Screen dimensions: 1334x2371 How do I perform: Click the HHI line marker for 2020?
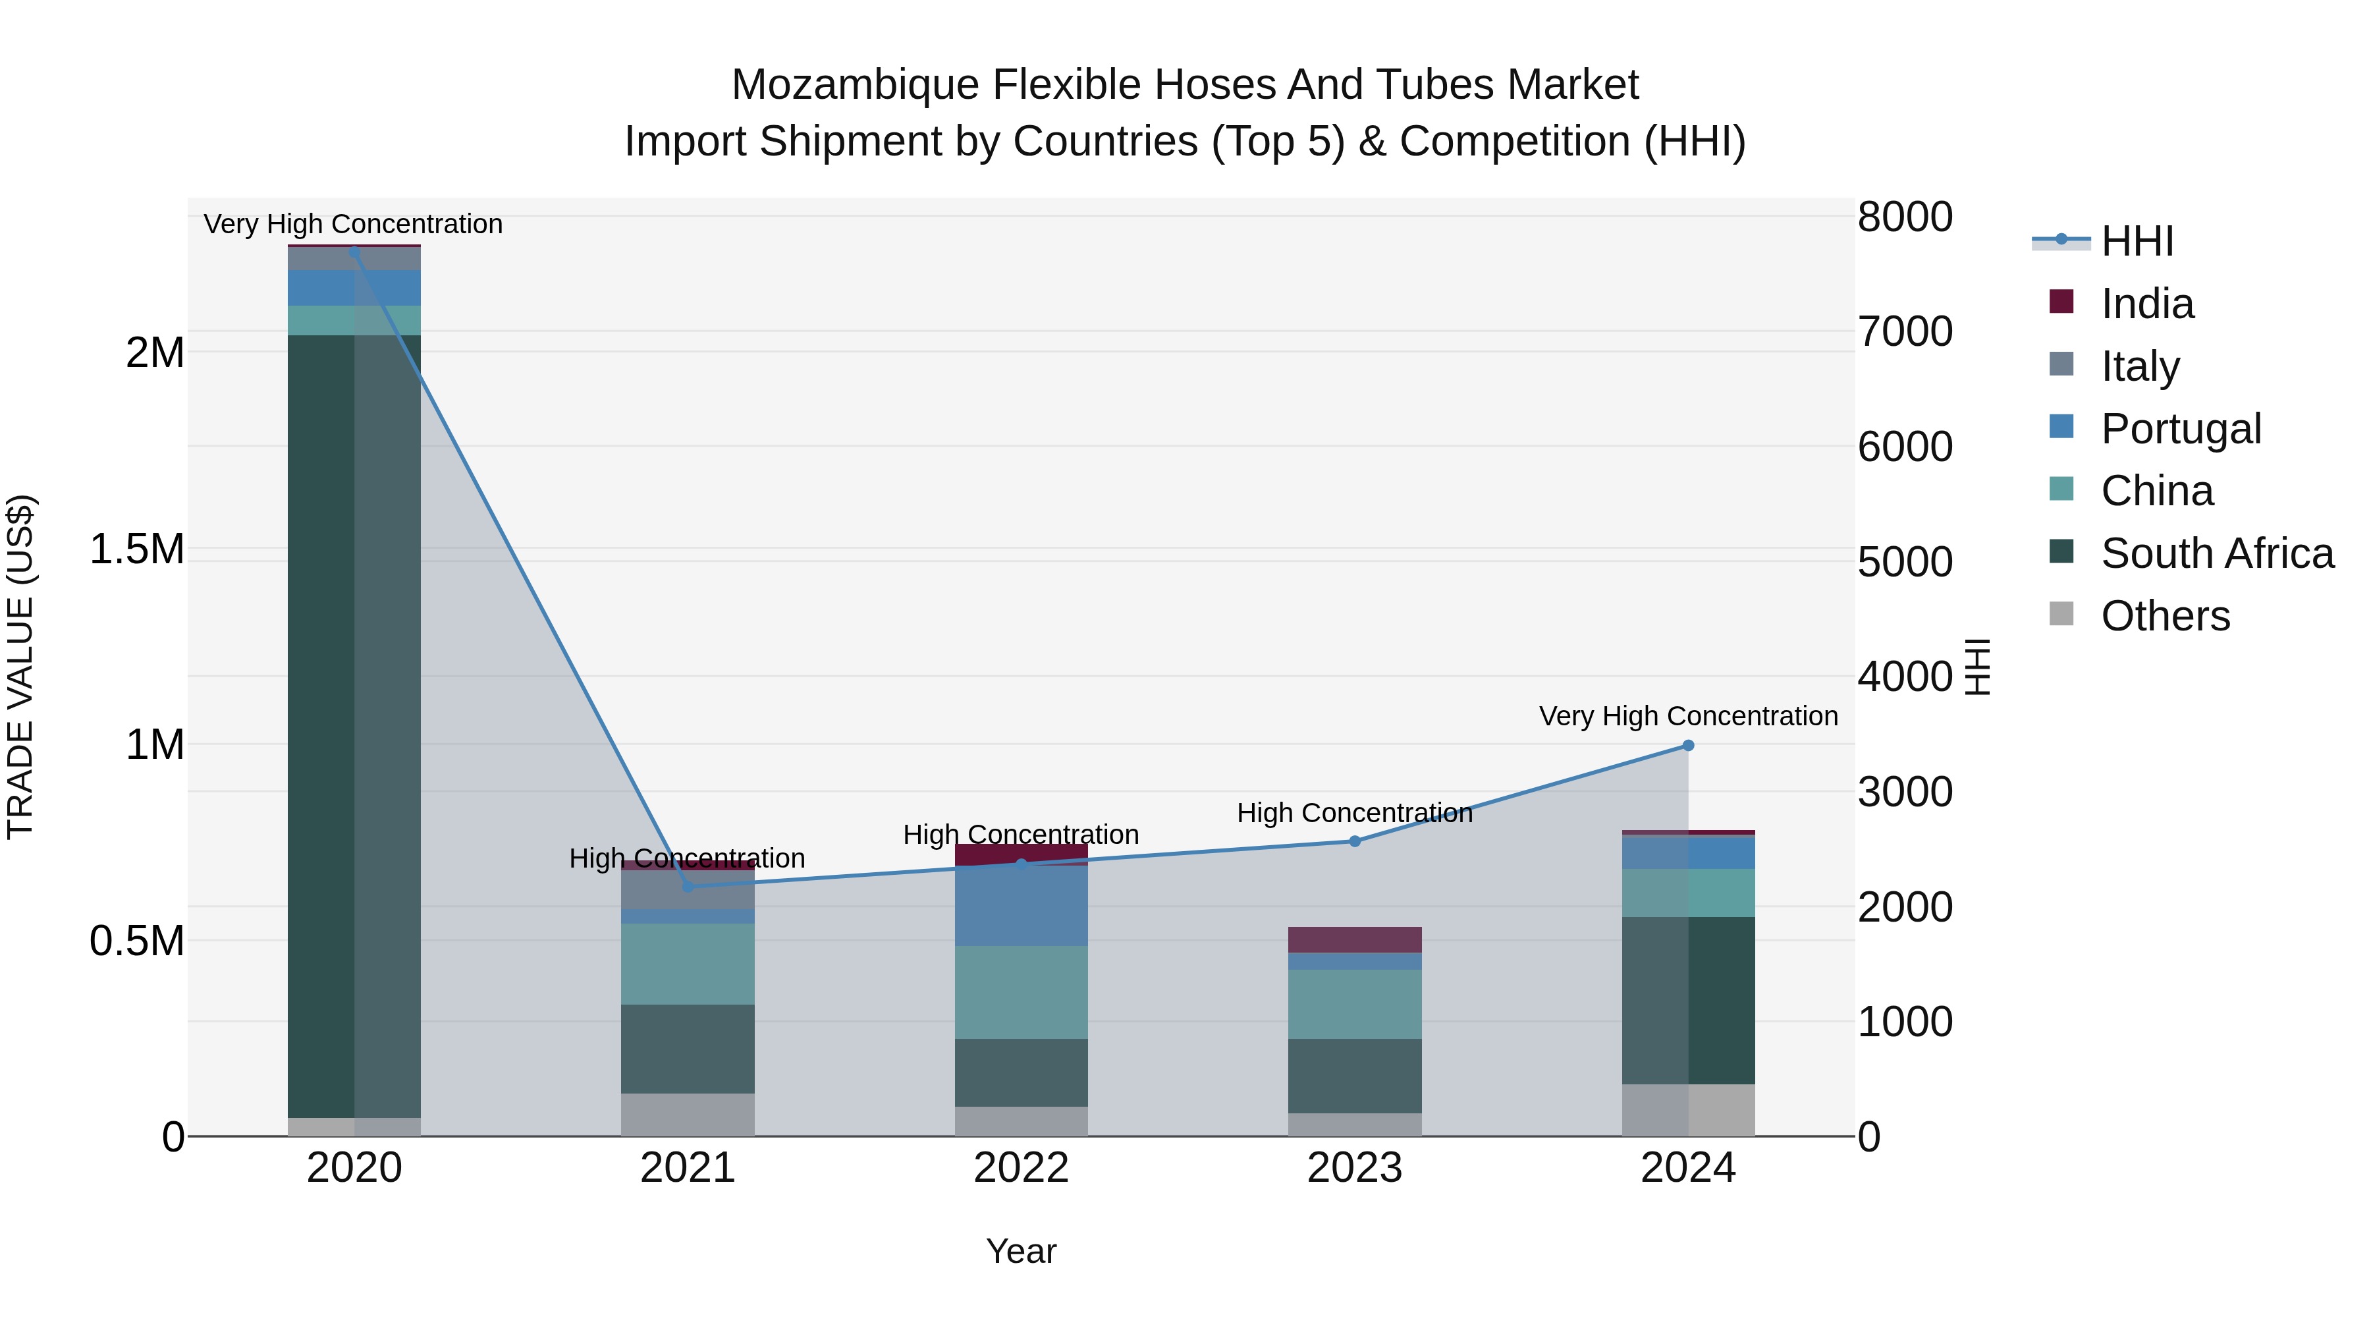tap(354, 252)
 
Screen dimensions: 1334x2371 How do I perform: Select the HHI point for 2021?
tap(688, 887)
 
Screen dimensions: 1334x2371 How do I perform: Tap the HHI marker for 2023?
tap(1354, 841)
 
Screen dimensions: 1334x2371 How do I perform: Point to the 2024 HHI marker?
tap(1687, 746)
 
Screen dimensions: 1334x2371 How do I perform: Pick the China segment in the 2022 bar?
tap(1021, 993)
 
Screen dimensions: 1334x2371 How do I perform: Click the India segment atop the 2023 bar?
tap(1354, 939)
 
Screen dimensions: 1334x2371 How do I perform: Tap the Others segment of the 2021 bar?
tap(688, 1114)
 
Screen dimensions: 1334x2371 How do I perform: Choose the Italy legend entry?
tap(2140, 366)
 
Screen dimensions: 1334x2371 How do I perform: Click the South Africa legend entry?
tap(2216, 553)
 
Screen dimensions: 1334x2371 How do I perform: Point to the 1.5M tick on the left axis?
tap(136, 549)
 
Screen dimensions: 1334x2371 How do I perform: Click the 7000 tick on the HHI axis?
tap(1904, 331)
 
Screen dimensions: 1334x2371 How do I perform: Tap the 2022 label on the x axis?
tap(1021, 1168)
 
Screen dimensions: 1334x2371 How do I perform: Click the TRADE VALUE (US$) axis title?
tap(20, 667)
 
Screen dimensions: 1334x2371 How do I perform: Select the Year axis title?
tap(1021, 1251)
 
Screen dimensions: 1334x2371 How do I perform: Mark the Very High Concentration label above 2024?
tap(1687, 716)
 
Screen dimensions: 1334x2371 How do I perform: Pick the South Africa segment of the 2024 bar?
tap(1687, 1000)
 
